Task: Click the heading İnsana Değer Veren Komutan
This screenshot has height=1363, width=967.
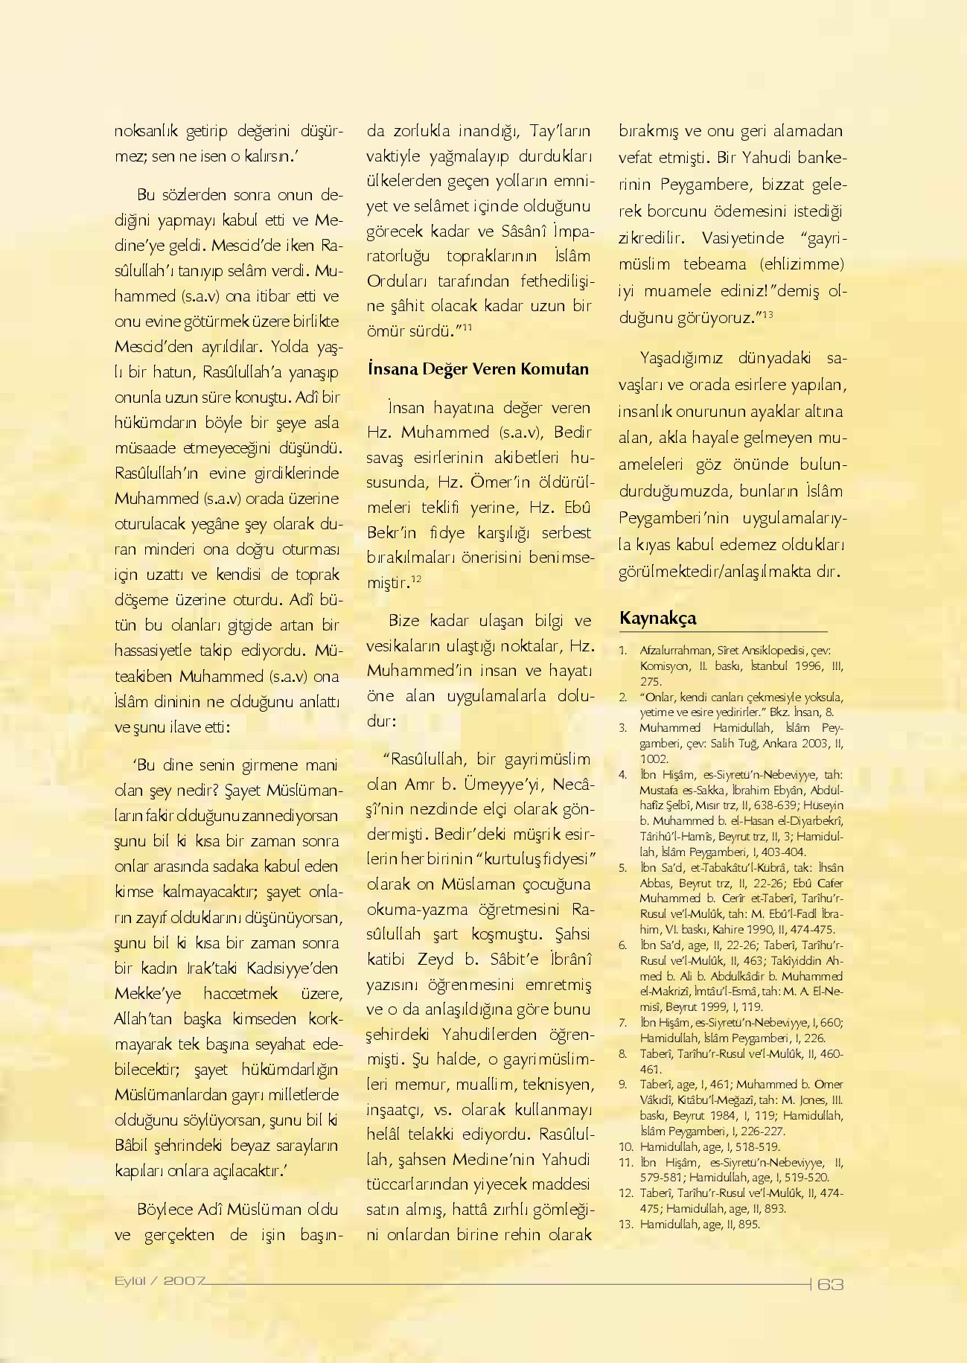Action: [x=477, y=369]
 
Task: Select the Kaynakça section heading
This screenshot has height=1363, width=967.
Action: [x=657, y=619]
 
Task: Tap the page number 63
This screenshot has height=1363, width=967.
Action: [x=830, y=1284]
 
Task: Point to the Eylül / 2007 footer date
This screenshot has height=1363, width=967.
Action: [x=159, y=1281]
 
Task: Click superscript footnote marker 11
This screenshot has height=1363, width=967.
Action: [x=467, y=326]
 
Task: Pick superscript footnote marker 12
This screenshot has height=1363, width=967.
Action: [x=416, y=578]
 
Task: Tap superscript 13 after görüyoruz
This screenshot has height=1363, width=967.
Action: [x=767, y=314]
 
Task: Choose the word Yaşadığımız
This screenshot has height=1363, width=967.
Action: [x=681, y=358]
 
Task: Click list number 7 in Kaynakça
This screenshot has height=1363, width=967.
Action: [x=623, y=1022]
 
